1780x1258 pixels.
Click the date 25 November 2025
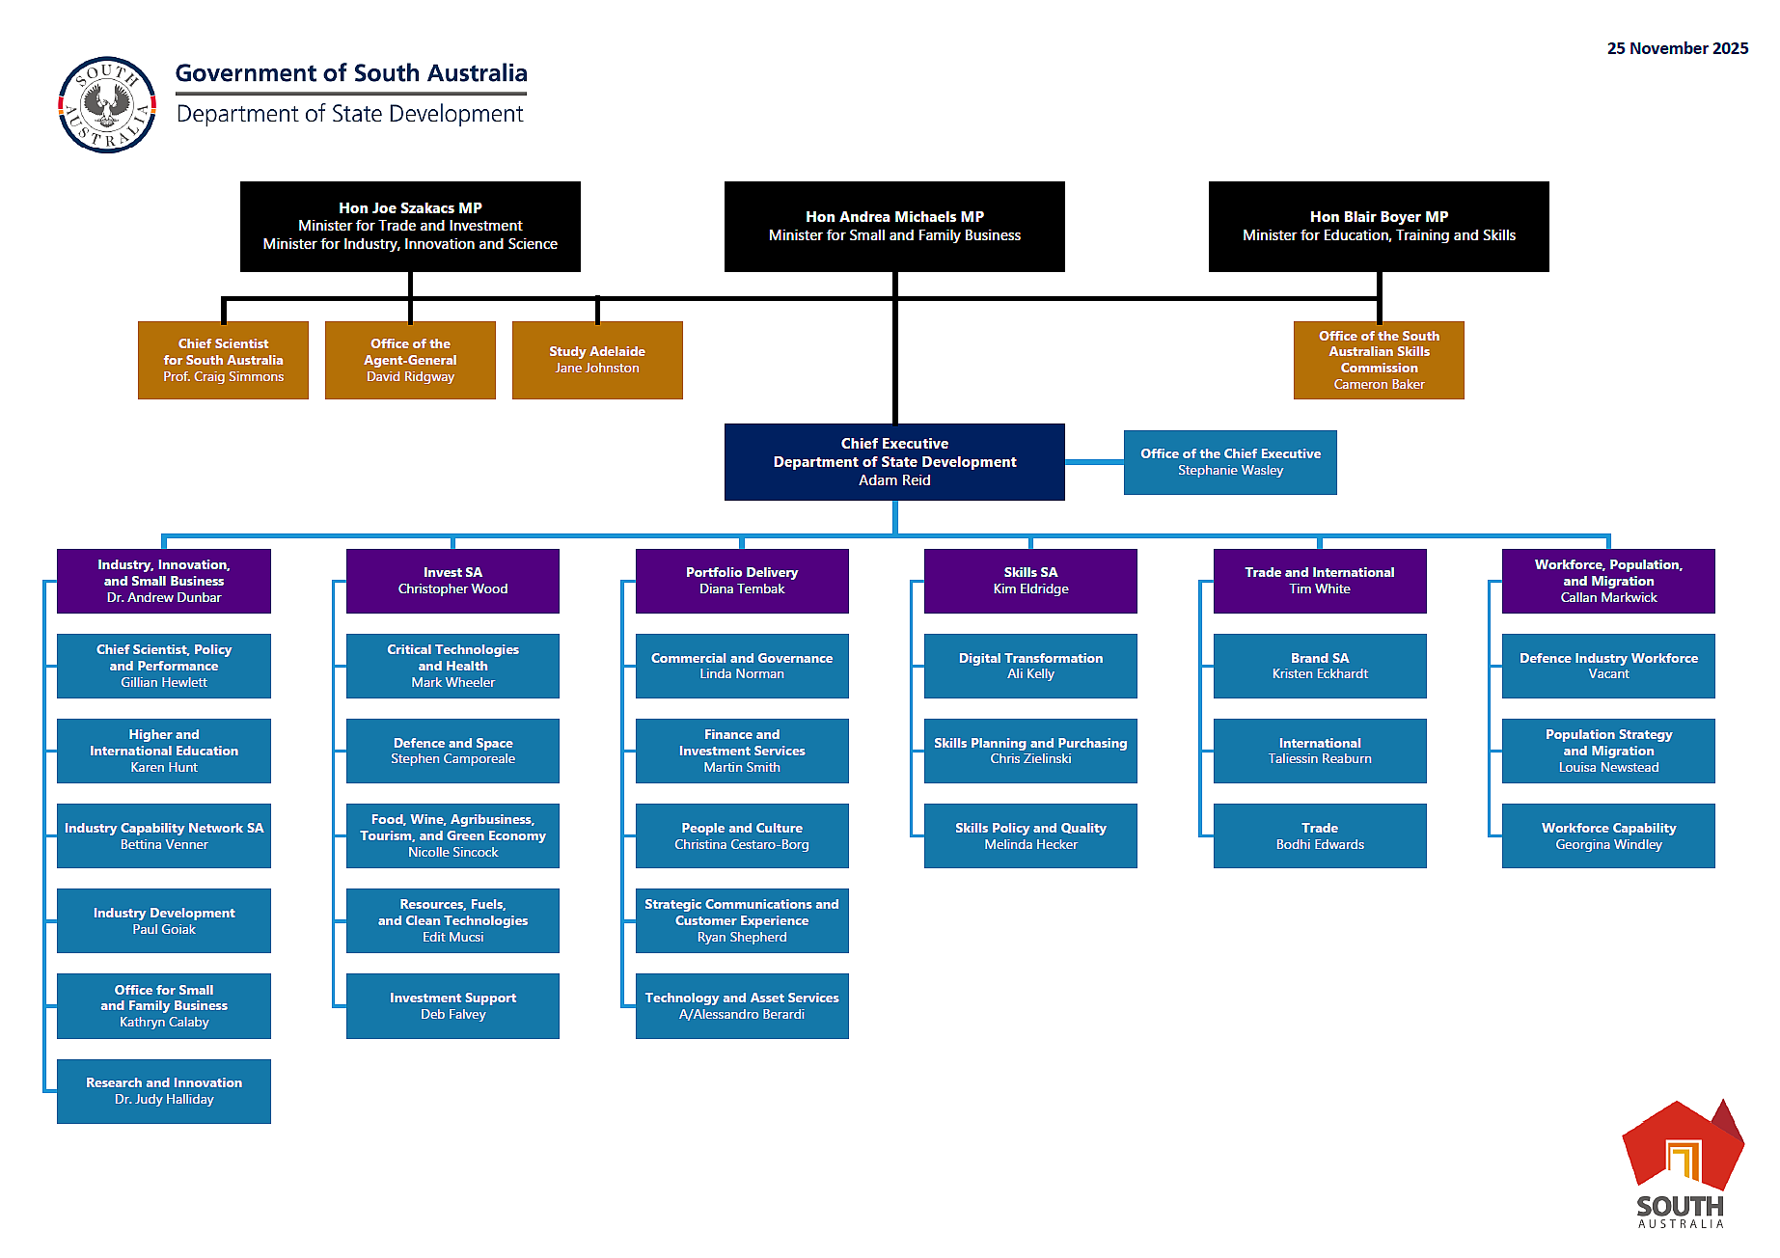tap(1677, 48)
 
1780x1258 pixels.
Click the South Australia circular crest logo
tap(107, 104)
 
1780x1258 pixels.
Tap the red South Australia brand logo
tap(1683, 1163)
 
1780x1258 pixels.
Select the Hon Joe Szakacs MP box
tap(410, 226)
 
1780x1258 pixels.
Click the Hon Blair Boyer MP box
tap(1378, 226)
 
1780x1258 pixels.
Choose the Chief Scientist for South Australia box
tap(223, 360)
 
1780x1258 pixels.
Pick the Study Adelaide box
tap(597, 360)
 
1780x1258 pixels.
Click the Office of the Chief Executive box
tap(1230, 462)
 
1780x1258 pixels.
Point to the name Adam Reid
tap(894, 480)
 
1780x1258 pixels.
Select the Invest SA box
tap(452, 581)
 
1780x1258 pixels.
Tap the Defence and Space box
tap(452, 751)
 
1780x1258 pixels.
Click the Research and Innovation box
tap(164, 1091)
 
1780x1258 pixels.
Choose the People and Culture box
tap(742, 835)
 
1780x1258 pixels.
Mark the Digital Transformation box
tap(1030, 666)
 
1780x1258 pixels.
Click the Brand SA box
tap(1320, 666)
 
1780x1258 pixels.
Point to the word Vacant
tap(1608, 674)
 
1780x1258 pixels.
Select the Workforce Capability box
tap(1608, 835)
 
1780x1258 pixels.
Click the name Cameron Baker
tap(1379, 384)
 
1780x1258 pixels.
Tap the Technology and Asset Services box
tap(742, 1005)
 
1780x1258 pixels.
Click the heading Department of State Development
tap(349, 114)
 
